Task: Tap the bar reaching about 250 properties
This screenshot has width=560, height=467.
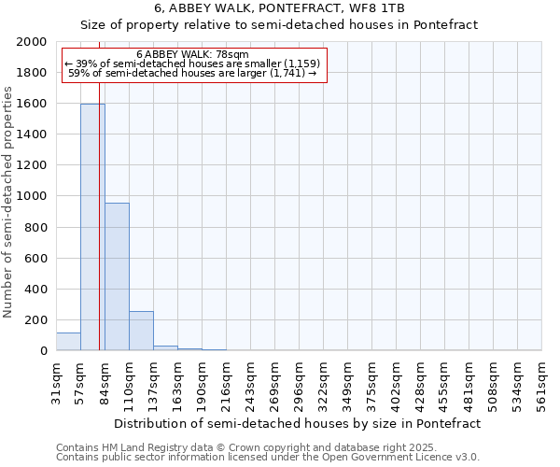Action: click(141, 331)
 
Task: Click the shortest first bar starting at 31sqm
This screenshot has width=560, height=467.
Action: click(68, 342)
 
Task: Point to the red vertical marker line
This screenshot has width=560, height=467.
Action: click(99, 233)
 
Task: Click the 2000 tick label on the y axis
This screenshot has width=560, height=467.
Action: click(33, 42)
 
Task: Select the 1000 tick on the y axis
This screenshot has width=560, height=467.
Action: click(33, 196)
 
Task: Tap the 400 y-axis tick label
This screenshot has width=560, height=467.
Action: click(36, 290)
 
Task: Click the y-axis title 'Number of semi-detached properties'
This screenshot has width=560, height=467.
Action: click(9, 202)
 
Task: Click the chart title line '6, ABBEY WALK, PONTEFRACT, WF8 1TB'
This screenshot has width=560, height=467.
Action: click(280, 8)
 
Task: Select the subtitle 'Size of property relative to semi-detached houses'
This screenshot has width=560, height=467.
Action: click(279, 25)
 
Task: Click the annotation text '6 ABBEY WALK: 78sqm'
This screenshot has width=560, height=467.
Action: click(192, 54)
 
